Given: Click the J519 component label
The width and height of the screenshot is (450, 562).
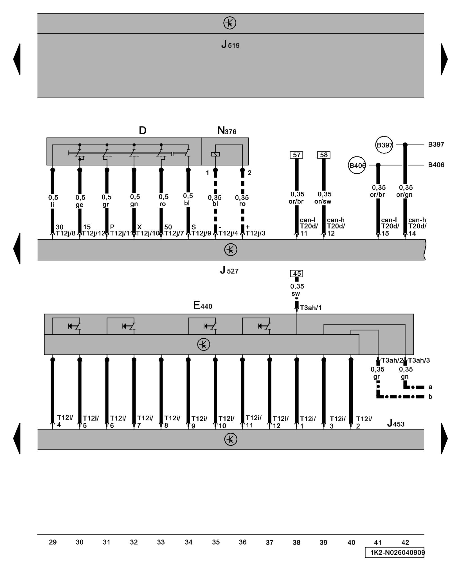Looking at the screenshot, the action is click(230, 45).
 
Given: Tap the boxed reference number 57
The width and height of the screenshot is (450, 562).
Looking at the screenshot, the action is click(296, 155).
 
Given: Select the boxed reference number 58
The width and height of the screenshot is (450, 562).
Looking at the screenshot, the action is click(324, 155).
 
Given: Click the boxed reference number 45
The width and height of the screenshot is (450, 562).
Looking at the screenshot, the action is click(297, 273).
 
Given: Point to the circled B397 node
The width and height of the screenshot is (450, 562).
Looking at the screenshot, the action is click(384, 145).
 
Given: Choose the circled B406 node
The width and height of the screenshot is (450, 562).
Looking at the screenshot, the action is click(357, 165).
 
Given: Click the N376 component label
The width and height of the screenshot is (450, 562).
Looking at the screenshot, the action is click(227, 131).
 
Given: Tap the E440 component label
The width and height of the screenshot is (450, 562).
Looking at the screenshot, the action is click(202, 305).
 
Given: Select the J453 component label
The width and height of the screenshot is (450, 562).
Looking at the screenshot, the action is click(396, 423).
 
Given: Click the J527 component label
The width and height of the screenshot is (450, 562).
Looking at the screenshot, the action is click(229, 271).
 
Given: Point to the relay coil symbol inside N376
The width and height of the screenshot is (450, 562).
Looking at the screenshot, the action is click(215, 154).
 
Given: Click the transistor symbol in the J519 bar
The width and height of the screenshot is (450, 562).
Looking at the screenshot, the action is click(230, 23).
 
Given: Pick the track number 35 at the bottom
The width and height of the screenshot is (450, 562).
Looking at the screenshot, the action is click(216, 542).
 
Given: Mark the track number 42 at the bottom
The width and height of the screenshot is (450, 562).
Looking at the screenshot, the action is click(405, 542).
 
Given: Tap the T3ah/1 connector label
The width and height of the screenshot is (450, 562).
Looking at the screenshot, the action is click(310, 308).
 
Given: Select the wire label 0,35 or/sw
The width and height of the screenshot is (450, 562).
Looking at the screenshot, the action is click(323, 198).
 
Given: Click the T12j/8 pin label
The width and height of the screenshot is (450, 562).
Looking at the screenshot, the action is click(65, 233).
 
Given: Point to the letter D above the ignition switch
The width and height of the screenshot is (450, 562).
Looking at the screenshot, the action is click(143, 130).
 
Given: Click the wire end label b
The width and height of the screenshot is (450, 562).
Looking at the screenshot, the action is click(430, 397).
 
